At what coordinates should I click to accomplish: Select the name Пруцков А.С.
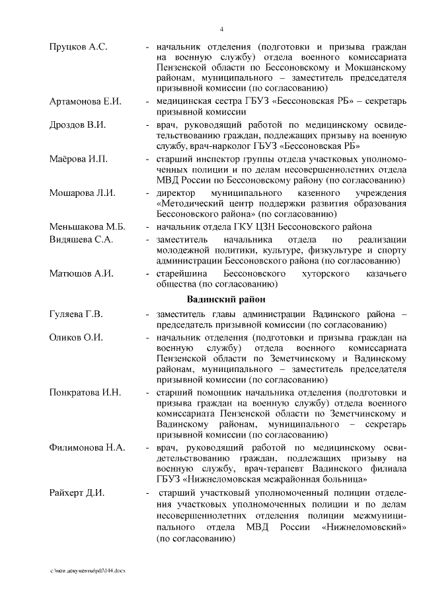point(78,48)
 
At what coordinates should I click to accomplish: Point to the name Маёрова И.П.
point(78,160)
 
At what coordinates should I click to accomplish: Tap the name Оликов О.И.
point(76,337)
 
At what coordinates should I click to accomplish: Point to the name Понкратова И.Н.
point(85,392)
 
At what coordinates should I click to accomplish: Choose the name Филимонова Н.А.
point(87,448)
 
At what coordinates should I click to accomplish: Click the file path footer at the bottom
point(92,570)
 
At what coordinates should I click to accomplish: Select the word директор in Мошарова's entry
point(175,193)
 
